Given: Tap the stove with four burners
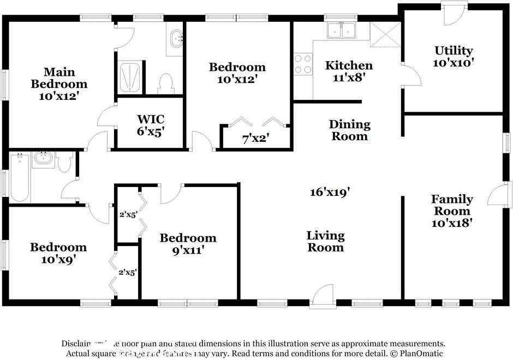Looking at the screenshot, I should (303, 64).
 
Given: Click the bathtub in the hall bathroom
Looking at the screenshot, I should (19, 179).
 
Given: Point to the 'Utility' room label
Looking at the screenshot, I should (454, 51).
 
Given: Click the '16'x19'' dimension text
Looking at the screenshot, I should (330, 191).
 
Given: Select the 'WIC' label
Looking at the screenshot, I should (151, 119).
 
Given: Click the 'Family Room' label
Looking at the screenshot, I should (452, 205).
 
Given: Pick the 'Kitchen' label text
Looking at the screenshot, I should (349, 65).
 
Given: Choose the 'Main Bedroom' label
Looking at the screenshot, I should (59, 78).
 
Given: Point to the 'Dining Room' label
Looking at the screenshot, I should (349, 130).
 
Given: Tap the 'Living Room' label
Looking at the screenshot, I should (325, 241).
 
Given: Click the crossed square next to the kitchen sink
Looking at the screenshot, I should (385, 34).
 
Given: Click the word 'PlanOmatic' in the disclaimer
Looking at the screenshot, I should (420, 353).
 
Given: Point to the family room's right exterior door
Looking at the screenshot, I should (500, 196).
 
